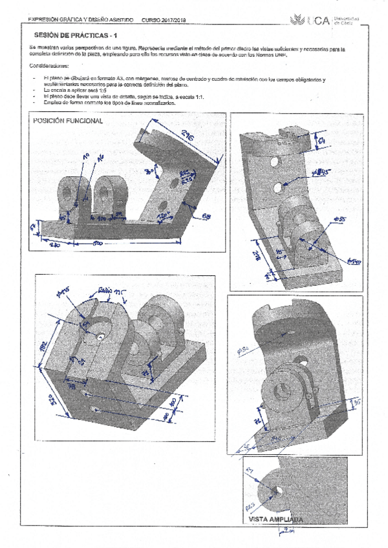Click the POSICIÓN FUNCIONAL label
point(68,121)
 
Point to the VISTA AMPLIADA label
point(275,518)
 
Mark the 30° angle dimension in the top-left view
point(148,172)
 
